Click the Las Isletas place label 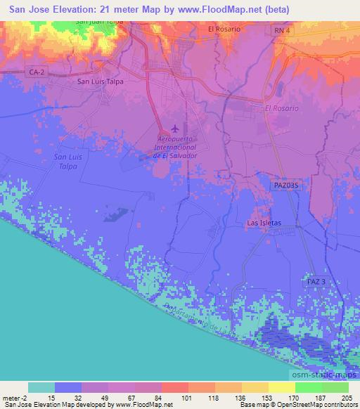(264, 223)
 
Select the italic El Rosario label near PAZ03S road (281, 108)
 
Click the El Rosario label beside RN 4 (224, 29)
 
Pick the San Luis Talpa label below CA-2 (101, 81)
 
